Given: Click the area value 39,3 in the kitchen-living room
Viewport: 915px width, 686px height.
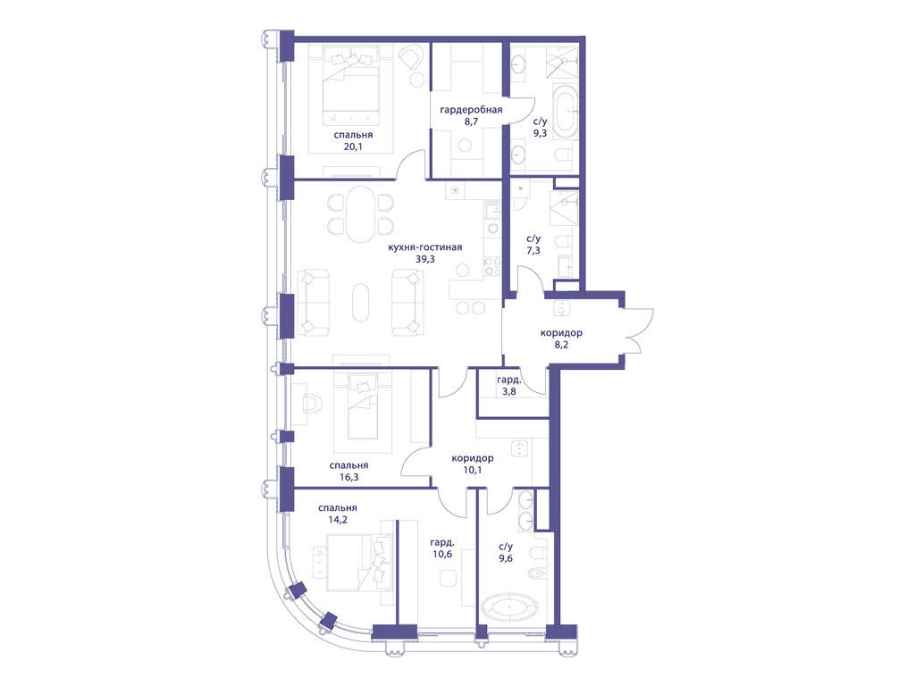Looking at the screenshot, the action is click(424, 259).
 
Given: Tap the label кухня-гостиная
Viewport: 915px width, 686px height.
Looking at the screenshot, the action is click(424, 247).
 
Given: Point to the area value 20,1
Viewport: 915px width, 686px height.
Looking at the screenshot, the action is click(353, 146).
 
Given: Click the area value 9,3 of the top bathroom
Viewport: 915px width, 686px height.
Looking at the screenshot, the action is click(541, 133).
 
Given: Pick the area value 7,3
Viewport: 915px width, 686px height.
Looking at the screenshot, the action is click(533, 250).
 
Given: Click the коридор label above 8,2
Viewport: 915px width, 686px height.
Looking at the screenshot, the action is click(561, 333).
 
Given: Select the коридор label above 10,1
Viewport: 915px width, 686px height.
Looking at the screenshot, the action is click(473, 458).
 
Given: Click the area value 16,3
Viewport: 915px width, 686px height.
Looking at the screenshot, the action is click(348, 477).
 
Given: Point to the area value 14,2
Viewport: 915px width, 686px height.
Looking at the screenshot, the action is click(337, 520).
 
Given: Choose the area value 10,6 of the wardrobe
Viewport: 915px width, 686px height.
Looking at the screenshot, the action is click(442, 554).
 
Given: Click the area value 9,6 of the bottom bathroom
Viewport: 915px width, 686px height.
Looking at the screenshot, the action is click(506, 558).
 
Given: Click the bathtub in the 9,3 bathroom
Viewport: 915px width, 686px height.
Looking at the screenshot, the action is click(565, 112).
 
